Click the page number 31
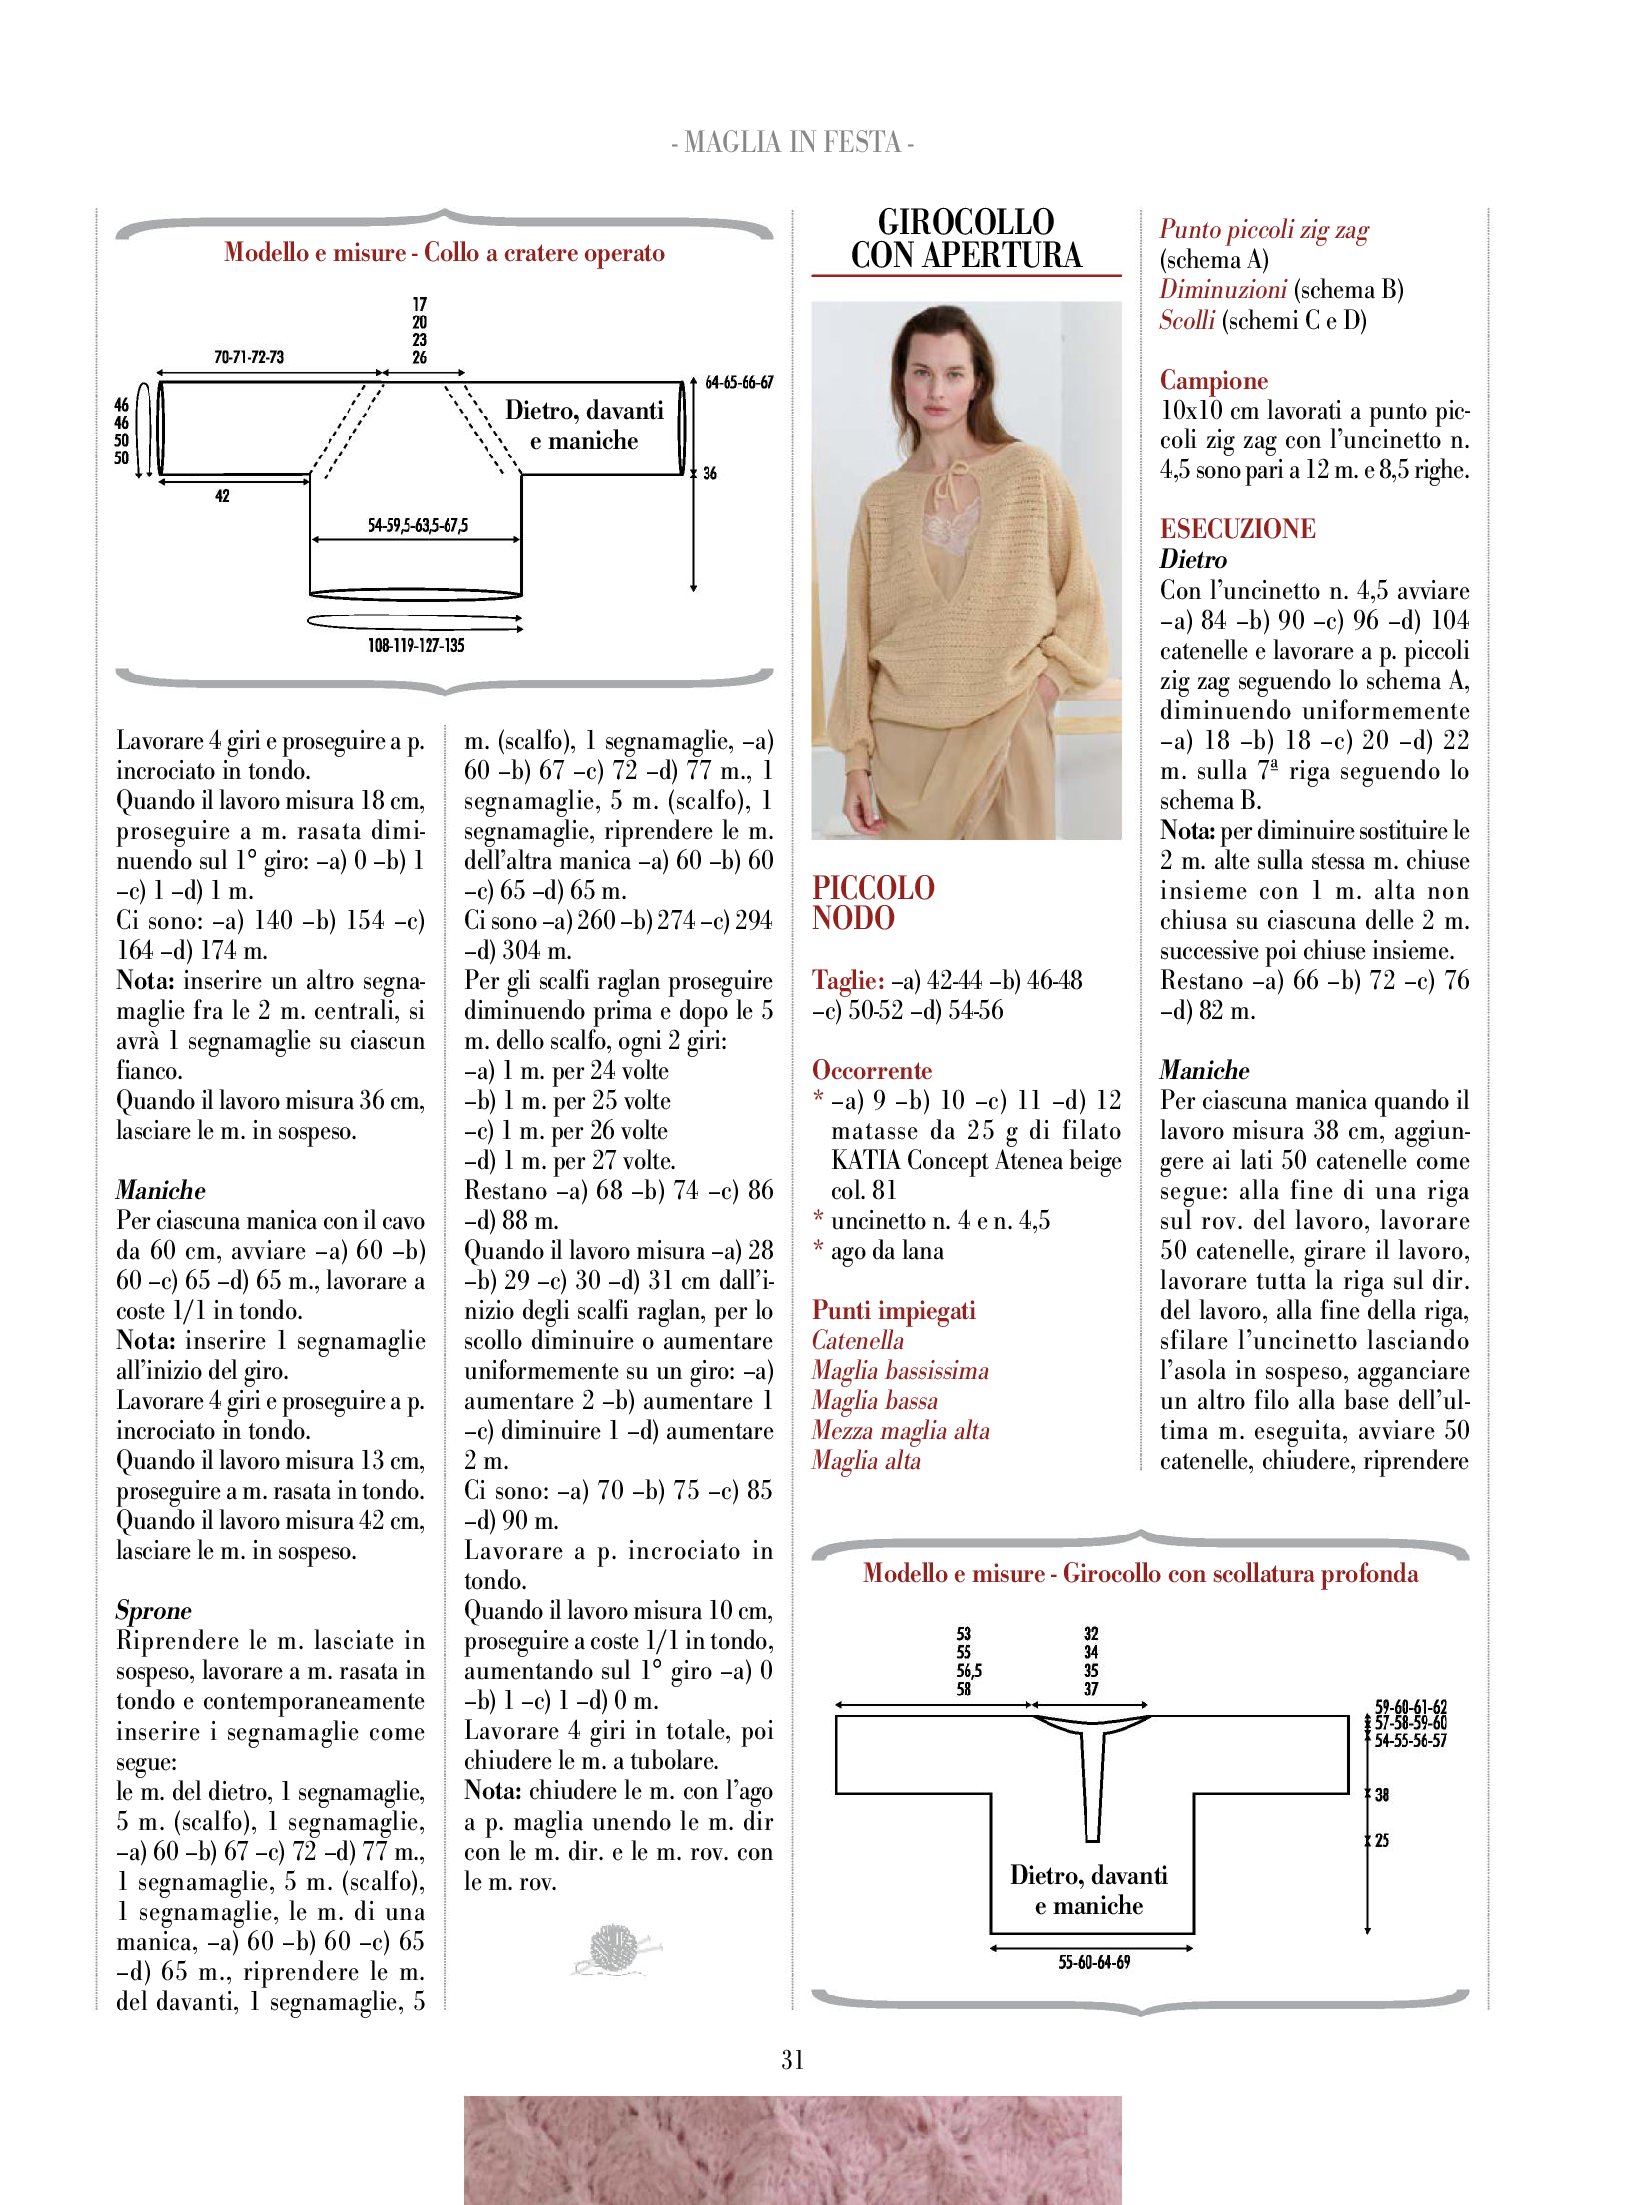pyautogui.click(x=792, y=2059)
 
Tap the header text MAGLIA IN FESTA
pyautogui.click(x=792, y=142)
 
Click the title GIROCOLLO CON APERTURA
pyautogui.click(x=966, y=238)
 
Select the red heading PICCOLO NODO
pyautogui.click(x=873, y=903)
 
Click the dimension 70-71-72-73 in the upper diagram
pyautogui.click(x=248, y=357)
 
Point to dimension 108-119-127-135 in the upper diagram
pyautogui.click(x=416, y=646)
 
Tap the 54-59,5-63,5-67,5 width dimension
pyautogui.click(x=417, y=525)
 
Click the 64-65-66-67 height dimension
pyautogui.click(x=739, y=382)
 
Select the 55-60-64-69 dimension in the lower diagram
pyautogui.click(x=1094, y=1962)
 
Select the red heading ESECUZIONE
pyautogui.click(x=1237, y=529)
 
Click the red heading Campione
pyautogui.click(x=1213, y=381)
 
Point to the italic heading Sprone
pyautogui.click(x=153, y=1611)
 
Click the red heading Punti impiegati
pyautogui.click(x=893, y=1311)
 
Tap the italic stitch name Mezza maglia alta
pyautogui.click(x=900, y=1431)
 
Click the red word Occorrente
pyautogui.click(x=871, y=1071)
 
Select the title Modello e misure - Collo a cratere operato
pyautogui.click(x=444, y=253)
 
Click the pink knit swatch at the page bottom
pyautogui.click(x=792, y=2150)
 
